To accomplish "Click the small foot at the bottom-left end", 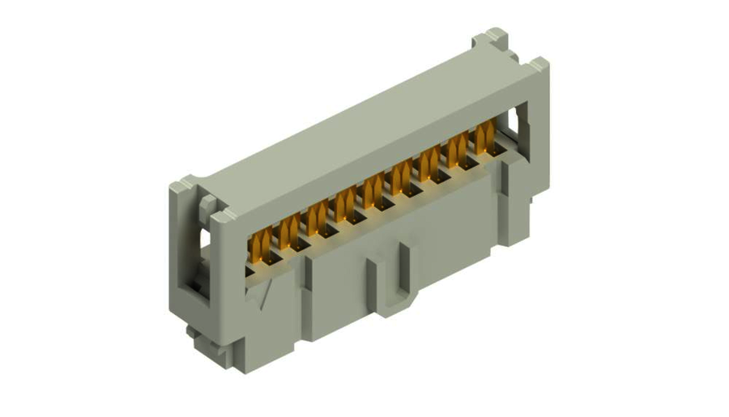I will coord(192,330).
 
